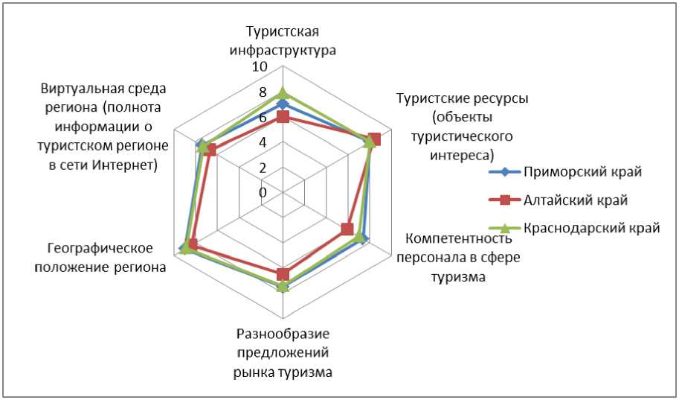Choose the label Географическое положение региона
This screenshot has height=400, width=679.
[100, 257]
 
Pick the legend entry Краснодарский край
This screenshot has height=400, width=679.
[591, 228]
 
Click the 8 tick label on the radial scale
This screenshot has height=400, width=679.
[263, 93]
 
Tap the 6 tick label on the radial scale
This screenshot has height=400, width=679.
[263, 118]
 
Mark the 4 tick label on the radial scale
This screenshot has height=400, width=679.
[263, 142]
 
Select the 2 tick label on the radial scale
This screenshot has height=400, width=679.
[263, 168]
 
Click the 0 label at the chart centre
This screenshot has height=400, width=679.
[263, 192]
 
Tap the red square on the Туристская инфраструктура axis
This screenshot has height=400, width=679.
[283, 117]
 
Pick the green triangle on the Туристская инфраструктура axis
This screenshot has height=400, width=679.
[283, 93]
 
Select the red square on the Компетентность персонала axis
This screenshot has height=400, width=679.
[347, 229]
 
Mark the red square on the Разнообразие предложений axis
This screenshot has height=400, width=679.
[283, 274]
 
